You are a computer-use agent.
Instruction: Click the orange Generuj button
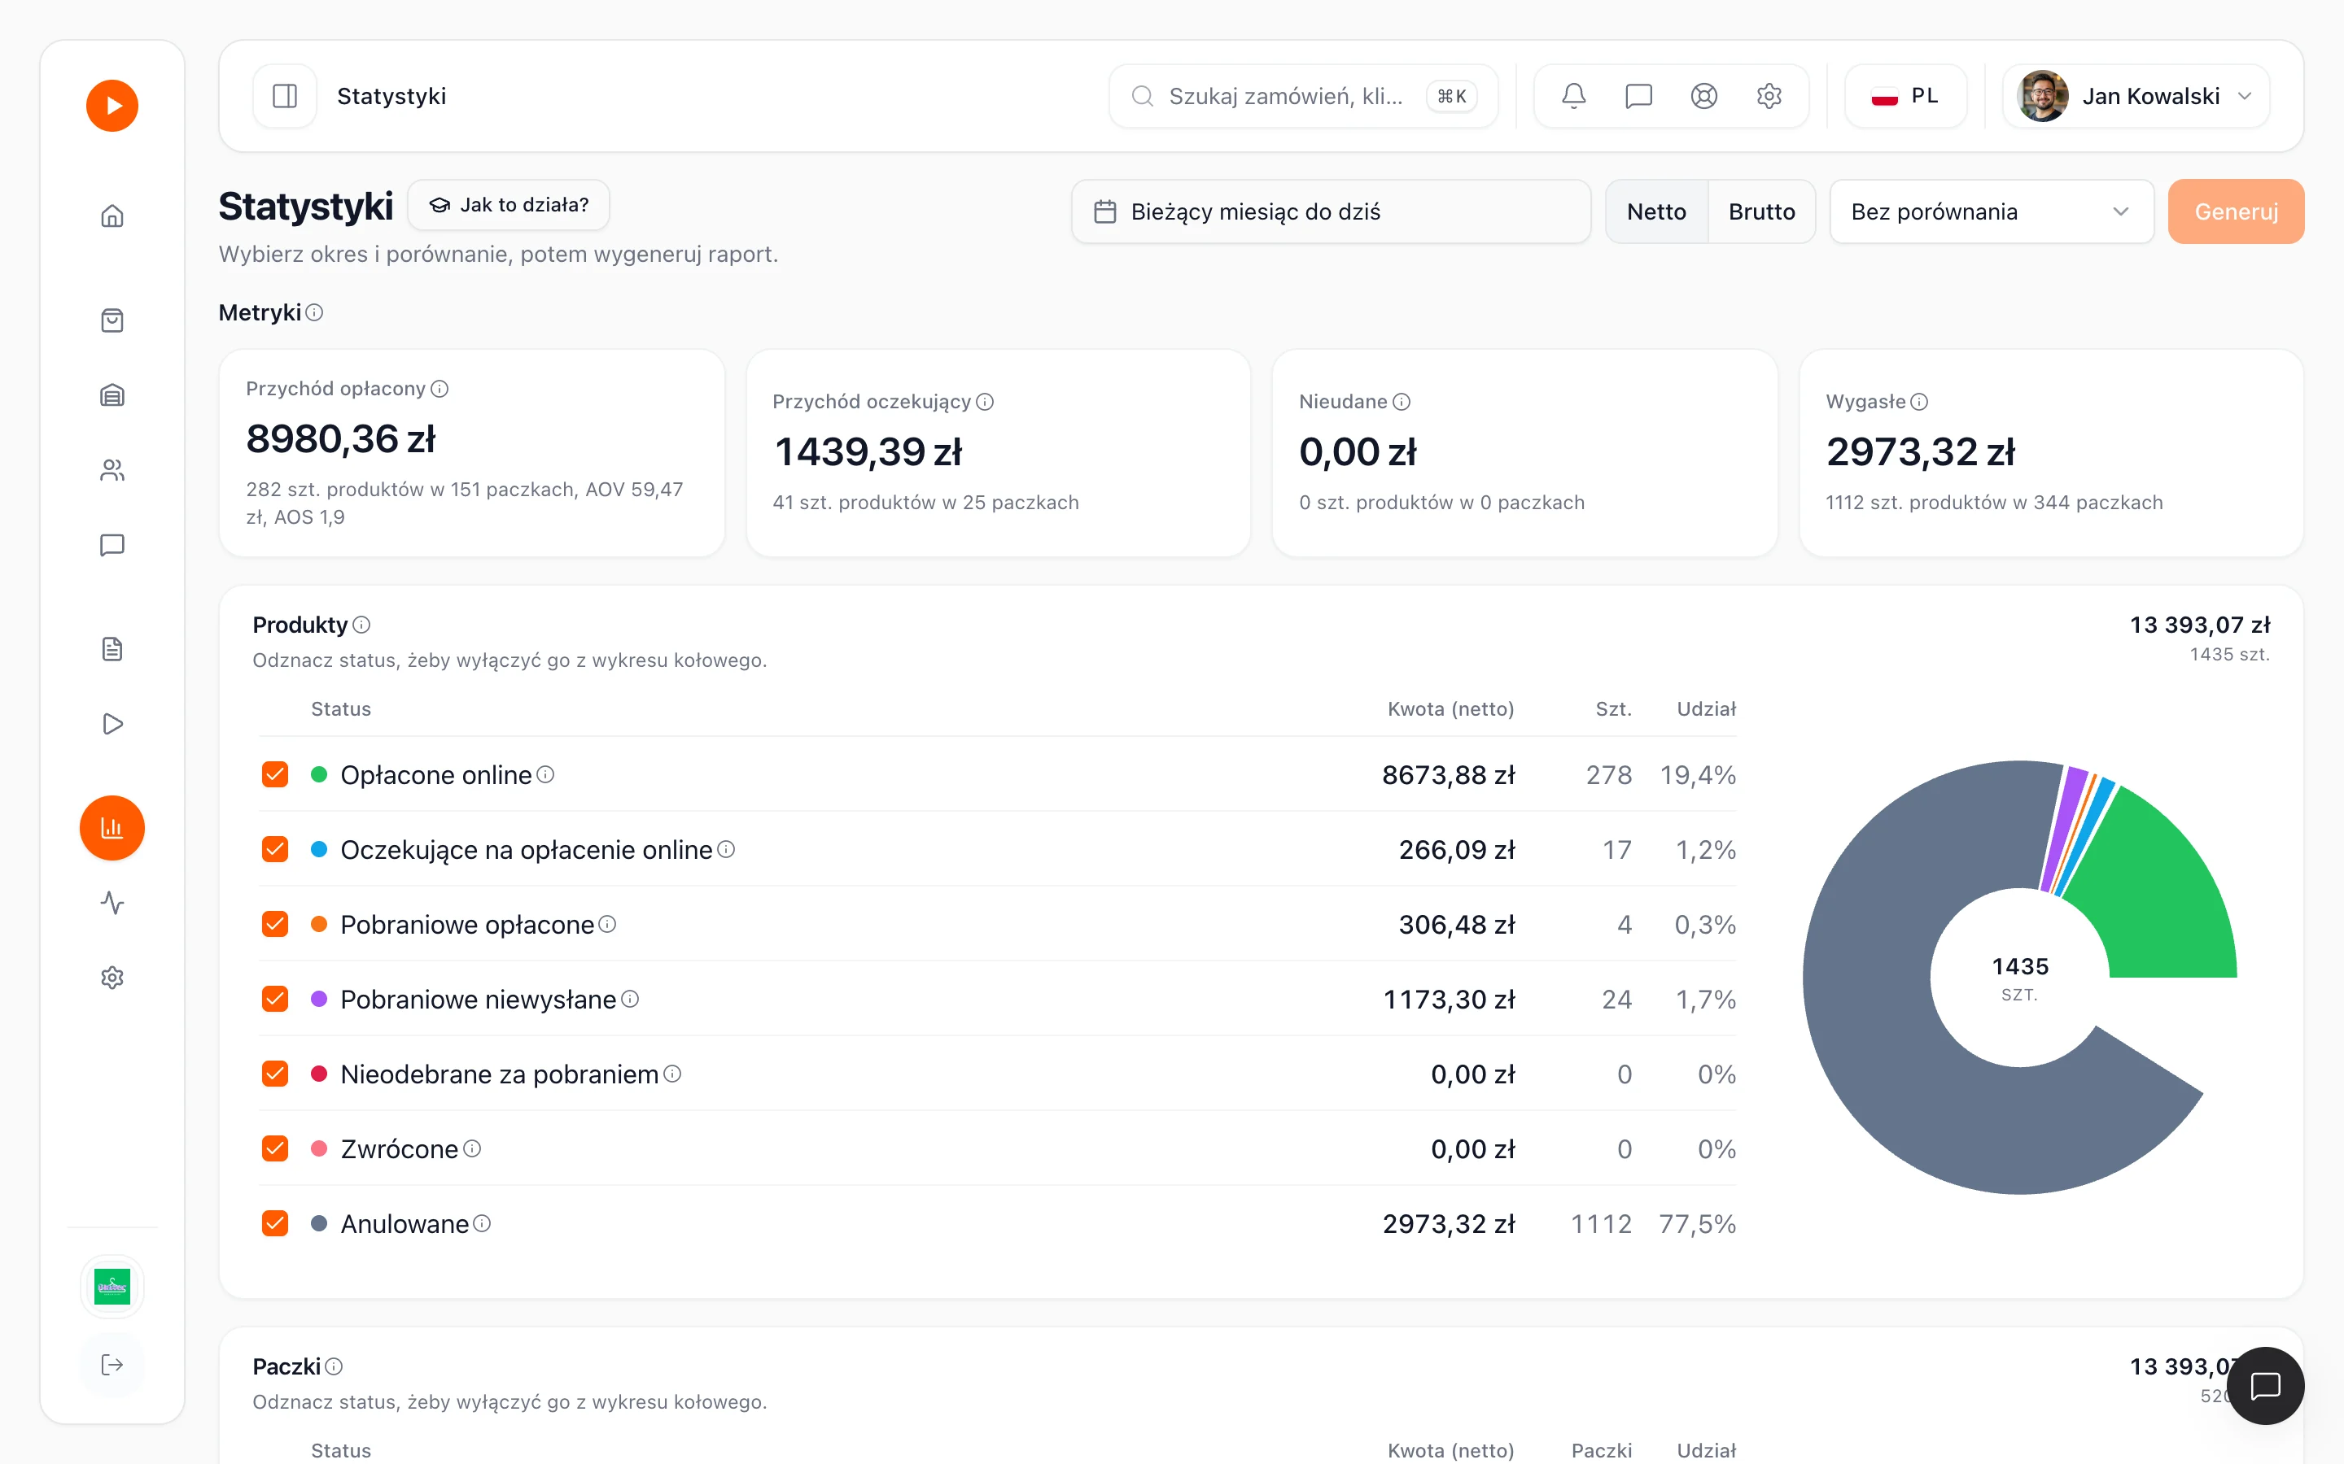(2236, 211)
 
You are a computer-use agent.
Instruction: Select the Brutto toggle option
(1761, 211)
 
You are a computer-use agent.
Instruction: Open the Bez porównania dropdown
(1992, 211)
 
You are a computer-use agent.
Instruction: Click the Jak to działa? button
(509, 204)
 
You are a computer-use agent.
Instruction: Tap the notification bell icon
(1574, 96)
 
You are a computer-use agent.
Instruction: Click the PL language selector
(1905, 96)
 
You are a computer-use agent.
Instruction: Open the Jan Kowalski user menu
(2136, 96)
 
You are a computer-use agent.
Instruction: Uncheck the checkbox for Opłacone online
(275, 774)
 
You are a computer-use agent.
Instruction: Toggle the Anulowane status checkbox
(275, 1224)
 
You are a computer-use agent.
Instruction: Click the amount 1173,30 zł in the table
(1449, 1000)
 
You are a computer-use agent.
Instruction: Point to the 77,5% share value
(1697, 1224)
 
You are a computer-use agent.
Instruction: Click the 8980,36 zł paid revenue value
(341, 438)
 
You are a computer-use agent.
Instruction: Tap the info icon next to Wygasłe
(1919, 402)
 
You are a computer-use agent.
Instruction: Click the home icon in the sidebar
(112, 216)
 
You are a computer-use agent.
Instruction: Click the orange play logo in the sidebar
(112, 106)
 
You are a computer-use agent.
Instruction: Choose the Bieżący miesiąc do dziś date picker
(1331, 211)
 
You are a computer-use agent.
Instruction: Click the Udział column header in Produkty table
(1706, 708)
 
